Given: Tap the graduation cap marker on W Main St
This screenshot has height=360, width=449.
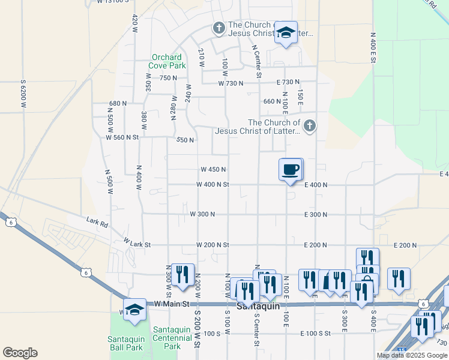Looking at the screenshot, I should point(135,309).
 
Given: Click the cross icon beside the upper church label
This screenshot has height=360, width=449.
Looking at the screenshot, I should point(219,28).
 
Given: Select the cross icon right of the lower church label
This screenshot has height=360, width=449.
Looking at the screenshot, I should point(309,126).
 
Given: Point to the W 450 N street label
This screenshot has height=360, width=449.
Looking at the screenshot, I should point(213,170).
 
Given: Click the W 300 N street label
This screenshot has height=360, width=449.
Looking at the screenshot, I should point(202,214).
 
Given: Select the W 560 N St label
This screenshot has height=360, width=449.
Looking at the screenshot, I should point(122,137).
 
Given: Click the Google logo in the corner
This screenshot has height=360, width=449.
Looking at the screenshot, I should point(20,353).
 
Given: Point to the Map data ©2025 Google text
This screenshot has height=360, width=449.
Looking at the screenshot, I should point(412,355).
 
